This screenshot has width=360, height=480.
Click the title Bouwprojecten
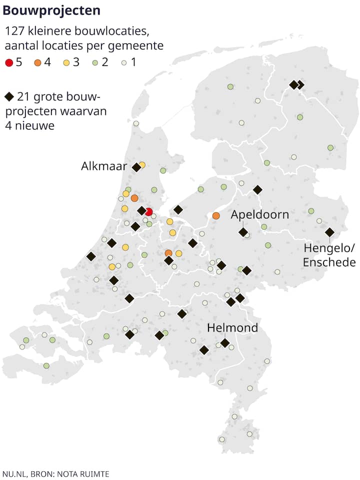tap(51, 10)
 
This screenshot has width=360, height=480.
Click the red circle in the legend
tap(8, 62)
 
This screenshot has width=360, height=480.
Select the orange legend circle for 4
tap(38, 62)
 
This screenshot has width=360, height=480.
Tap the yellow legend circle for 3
tap(66, 62)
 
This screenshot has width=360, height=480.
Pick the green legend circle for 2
tap(95, 62)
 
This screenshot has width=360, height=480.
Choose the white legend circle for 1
tap(124, 62)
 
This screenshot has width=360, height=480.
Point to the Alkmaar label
tap(104, 166)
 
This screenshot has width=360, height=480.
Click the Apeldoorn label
tap(259, 215)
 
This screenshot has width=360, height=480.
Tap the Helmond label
tap(232, 328)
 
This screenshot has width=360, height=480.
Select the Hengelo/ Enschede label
tap(329, 255)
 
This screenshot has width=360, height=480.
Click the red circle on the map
tap(148, 211)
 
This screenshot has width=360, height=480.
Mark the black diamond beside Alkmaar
tap(136, 167)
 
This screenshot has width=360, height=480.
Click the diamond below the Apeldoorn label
tap(243, 232)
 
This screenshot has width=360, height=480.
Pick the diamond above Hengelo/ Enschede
tap(329, 232)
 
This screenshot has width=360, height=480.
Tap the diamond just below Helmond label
tap(225, 342)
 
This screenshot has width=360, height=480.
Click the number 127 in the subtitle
tap(14, 31)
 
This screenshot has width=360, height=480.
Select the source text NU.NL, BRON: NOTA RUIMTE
tap(55, 473)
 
